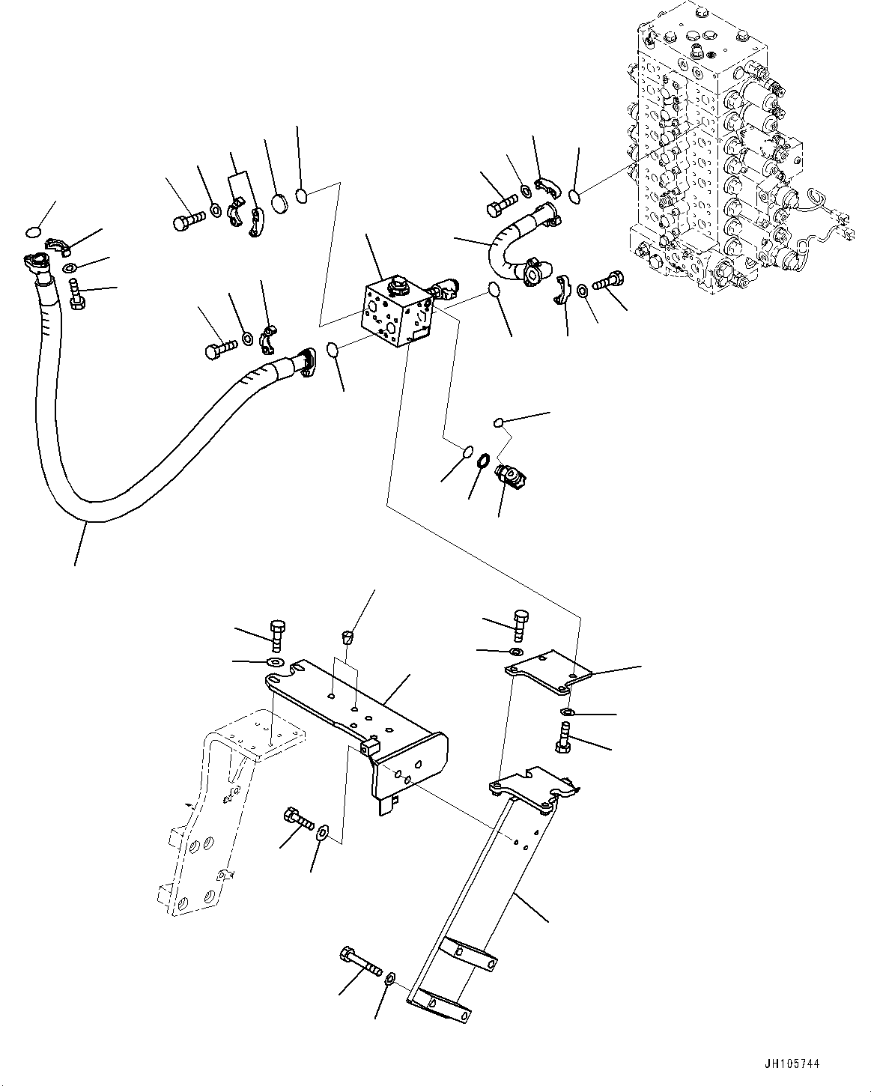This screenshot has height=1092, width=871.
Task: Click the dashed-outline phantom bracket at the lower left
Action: tap(217, 816)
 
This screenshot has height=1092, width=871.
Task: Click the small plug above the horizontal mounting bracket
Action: tap(346, 638)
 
